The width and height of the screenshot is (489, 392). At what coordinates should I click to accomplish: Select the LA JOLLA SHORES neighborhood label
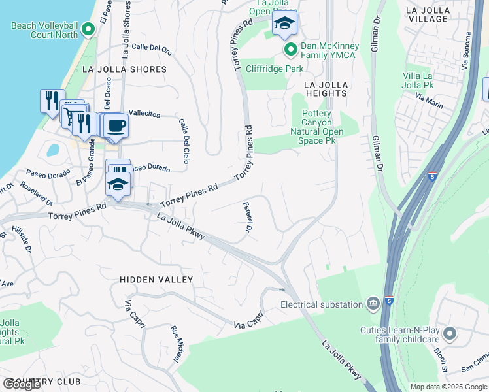click(x=124, y=69)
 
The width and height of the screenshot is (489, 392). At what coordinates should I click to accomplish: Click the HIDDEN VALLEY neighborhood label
click(x=156, y=280)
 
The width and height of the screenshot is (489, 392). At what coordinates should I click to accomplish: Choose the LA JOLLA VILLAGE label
click(x=436, y=15)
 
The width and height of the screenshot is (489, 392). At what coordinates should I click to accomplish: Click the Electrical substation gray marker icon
click(x=373, y=303)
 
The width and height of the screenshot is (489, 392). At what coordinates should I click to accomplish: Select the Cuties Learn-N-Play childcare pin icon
click(x=449, y=335)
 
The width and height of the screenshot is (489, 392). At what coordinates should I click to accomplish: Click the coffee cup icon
click(x=116, y=125)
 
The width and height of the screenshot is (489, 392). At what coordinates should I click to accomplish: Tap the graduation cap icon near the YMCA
click(x=284, y=24)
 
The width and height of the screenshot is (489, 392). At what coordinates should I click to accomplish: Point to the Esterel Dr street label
click(x=248, y=216)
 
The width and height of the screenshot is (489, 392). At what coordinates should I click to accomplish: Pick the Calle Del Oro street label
click(x=151, y=47)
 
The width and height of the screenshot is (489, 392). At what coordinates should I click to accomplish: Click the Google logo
click(x=22, y=384)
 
